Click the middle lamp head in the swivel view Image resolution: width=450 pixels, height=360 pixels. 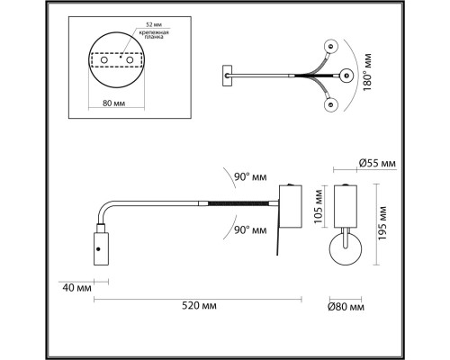tap(346, 75)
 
